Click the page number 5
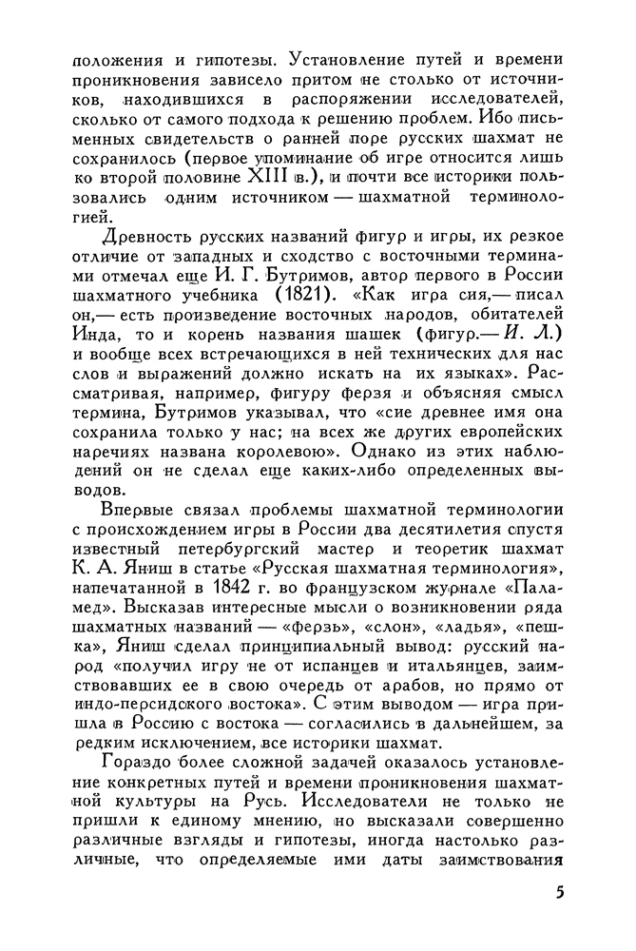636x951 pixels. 558,893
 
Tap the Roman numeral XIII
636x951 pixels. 272,177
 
